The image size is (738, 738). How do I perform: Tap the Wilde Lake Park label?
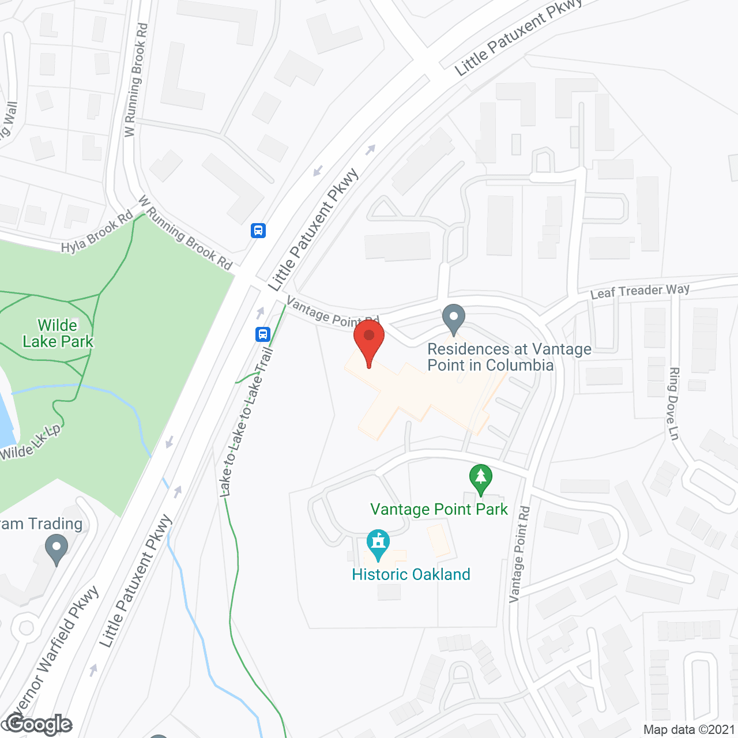tap(58, 334)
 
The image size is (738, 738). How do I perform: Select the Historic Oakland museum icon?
tap(378, 544)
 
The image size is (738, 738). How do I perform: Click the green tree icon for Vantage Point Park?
tap(480, 479)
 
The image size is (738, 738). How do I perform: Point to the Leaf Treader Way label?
tap(639, 291)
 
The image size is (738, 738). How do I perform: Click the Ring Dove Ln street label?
tap(673, 404)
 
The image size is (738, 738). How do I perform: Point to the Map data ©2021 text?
tap(689, 729)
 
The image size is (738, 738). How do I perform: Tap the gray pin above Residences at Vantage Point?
tap(454, 318)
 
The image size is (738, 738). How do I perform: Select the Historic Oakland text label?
tap(411, 574)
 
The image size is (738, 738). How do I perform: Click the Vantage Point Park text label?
tap(439, 509)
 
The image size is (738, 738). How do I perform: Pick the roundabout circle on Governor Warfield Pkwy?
tap(26, 628)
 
